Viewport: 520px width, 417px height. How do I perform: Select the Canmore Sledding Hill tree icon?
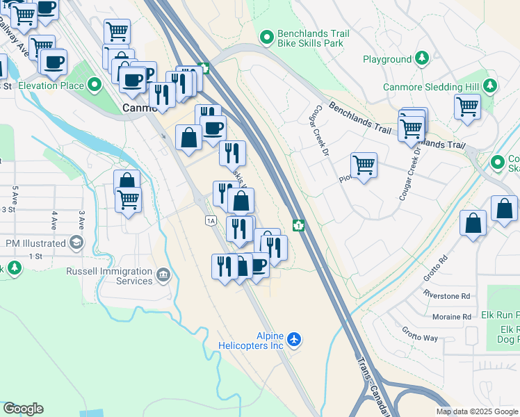point(490,87)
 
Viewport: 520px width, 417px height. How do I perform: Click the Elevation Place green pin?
point(95,86)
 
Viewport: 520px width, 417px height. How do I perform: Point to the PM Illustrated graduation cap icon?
point(76,243)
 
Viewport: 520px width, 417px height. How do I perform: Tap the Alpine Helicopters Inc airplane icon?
point(295,340)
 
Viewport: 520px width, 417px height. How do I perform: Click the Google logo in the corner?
point(23,409)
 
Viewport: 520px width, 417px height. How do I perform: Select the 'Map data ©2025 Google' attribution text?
point(477,411)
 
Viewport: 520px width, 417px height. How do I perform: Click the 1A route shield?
point(211,220)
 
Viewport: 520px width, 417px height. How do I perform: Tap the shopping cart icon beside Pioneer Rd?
point(364,166)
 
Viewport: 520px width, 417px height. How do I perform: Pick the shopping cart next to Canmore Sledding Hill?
point(467,107)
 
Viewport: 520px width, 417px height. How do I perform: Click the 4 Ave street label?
point(54,222)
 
